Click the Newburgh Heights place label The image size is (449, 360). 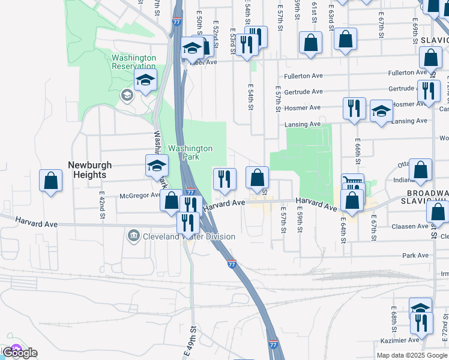(87, 169)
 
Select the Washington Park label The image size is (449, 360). (190, 152)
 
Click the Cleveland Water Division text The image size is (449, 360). (188, 236)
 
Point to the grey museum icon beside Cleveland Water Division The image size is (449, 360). (134, 236)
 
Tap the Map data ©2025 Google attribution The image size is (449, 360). (412, 355)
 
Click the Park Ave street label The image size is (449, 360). (415, 255)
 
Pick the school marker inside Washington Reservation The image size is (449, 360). (145, 79)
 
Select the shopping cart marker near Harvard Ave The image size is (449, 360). (352, 182)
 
